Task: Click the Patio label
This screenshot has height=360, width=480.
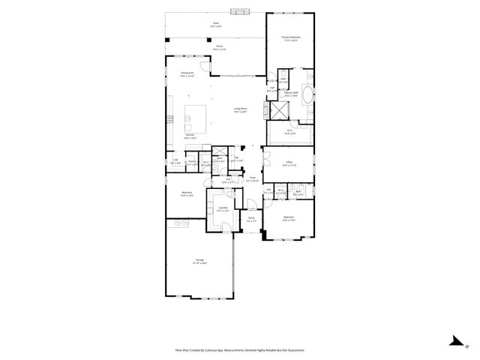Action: coord(216,24)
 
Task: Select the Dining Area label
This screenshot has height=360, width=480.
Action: coord(187,73)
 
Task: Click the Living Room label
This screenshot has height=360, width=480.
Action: coord(241,110)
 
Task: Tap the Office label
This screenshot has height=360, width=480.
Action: coord(289,163)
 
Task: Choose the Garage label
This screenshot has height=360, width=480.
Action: coord(199,262)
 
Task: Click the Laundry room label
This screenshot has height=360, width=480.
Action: coord(223,208)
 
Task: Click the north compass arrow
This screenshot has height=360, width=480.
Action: coord(454,342)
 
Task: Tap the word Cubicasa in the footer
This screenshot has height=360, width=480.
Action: coord(215,349)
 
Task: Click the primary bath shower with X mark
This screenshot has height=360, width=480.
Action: coord(279,110)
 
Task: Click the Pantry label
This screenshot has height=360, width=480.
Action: coord(192,160)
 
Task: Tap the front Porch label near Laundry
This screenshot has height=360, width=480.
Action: coord(252,220)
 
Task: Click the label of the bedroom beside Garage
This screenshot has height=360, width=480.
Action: coord(186,193)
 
